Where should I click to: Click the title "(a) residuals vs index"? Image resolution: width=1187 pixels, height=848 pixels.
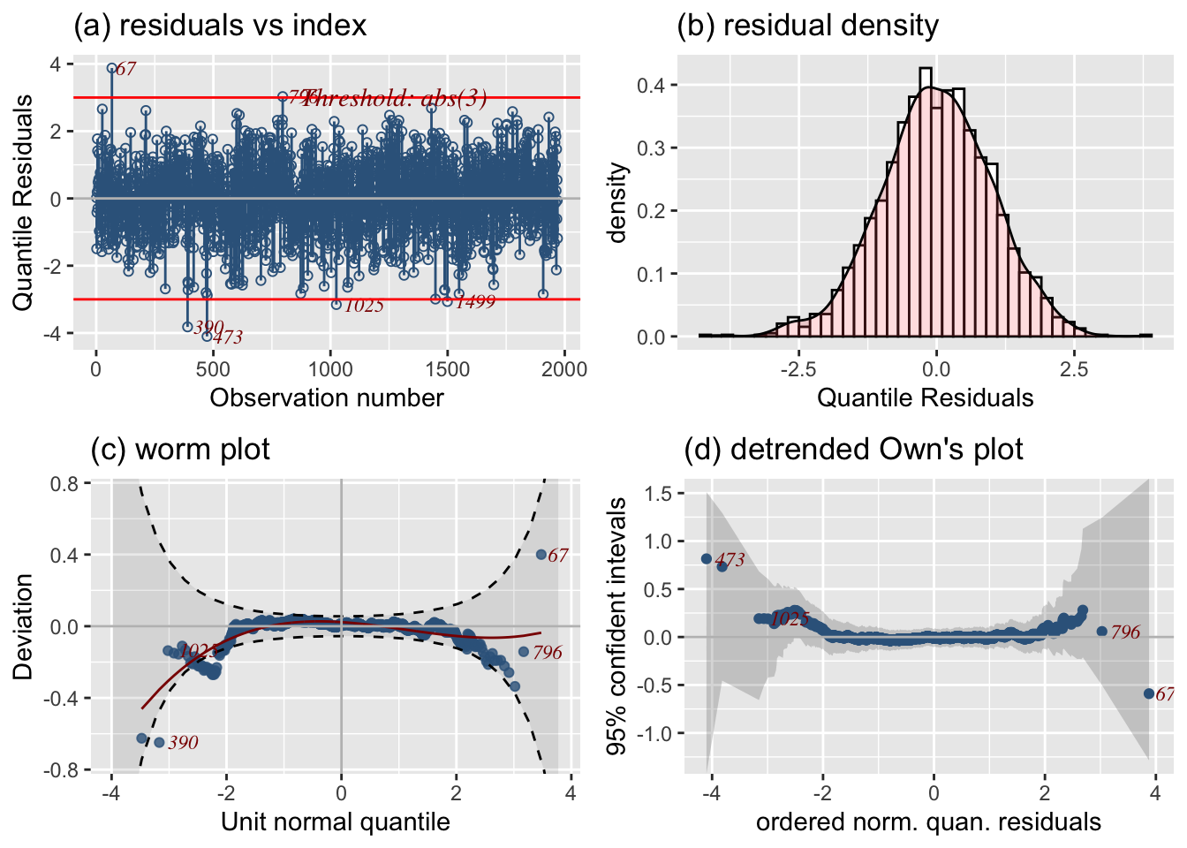click(x=220, y=25)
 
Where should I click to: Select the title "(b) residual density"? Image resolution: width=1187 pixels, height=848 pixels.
click(x=807, y=25)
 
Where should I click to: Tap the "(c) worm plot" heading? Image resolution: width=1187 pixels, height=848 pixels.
click(x=180, y=450)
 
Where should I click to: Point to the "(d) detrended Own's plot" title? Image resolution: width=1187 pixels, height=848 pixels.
click(x=853, y=450)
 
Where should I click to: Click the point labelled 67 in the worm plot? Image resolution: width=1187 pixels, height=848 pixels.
click(x=541, y=555)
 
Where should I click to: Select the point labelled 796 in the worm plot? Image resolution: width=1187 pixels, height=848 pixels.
click(x=524, y=652)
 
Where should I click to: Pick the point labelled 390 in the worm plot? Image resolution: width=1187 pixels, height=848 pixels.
click(x=159, y=743)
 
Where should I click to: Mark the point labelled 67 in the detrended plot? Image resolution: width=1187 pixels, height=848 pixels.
click(x=1149, y=694)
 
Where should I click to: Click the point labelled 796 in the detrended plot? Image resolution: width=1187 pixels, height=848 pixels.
click(x=1101, y=632)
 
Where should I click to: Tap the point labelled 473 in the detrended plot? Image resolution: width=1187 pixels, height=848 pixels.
click(x=707, y=558)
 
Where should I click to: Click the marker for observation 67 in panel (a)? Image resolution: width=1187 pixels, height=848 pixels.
click(x=111, y=68)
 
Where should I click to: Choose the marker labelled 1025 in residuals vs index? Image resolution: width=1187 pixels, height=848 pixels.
click(x=336, y=305)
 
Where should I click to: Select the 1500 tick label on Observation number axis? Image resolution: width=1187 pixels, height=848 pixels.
click(x=447, y=369)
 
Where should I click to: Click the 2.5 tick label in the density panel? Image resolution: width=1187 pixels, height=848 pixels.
click(x=1074, y=369)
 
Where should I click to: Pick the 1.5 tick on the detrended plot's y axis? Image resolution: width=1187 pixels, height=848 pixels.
click(x=658, y=493)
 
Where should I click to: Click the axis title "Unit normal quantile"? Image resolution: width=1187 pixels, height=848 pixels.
click(x=336, y=822)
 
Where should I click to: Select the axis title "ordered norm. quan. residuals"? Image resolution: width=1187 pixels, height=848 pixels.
click(x=928, y=822)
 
